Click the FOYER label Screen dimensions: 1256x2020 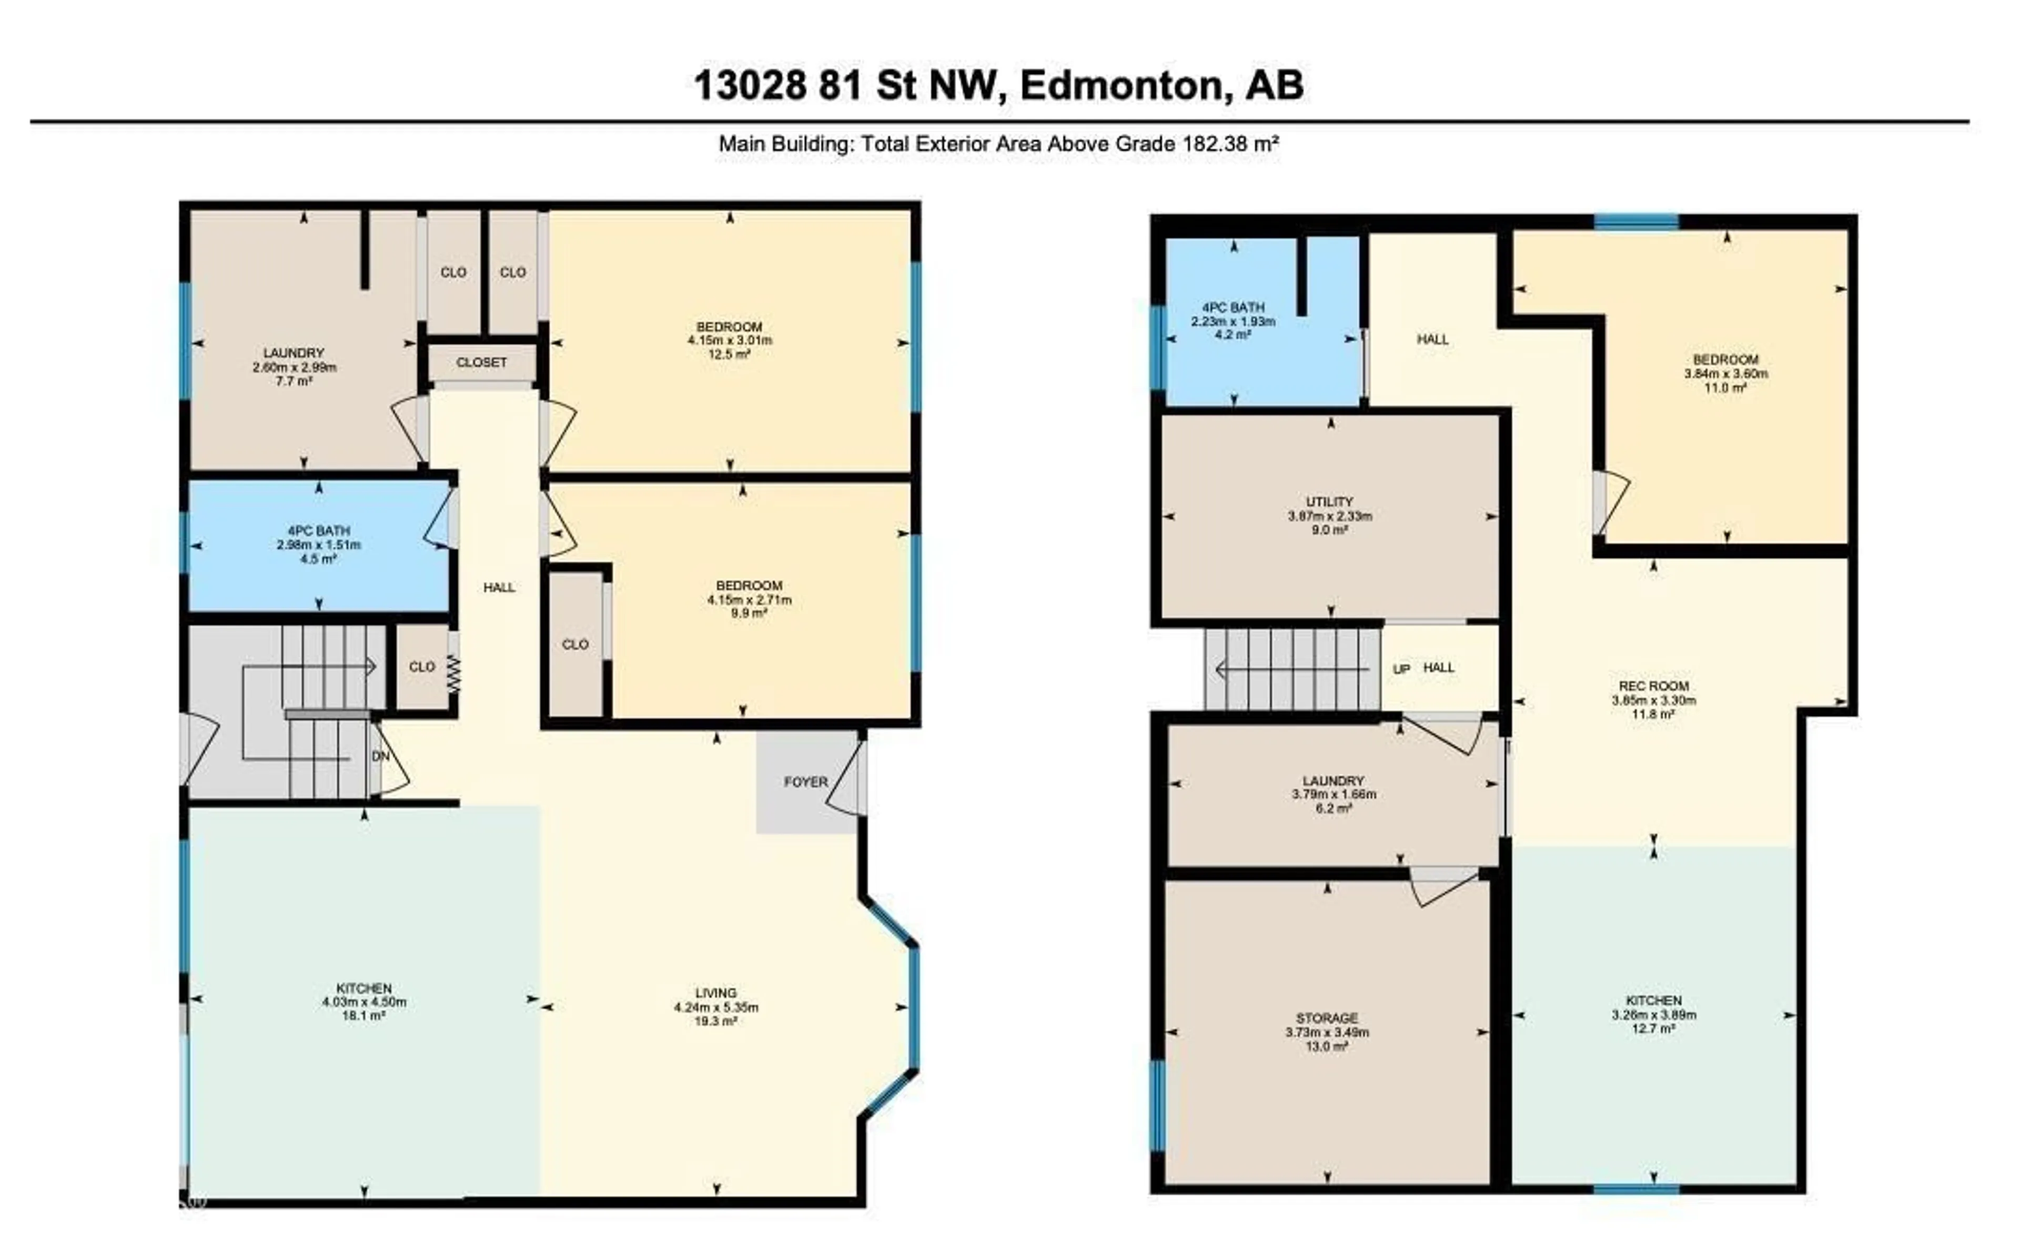[805, 782]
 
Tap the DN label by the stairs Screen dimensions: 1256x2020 [380, 757]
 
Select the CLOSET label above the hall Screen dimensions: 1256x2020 [481, 363]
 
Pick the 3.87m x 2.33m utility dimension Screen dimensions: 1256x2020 [1329, 516]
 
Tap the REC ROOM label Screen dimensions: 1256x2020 [1653, 686]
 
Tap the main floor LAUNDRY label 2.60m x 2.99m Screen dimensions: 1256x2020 [294, 353]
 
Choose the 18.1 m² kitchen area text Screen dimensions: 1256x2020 [364, 1015]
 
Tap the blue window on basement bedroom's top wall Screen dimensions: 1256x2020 [1635, 222]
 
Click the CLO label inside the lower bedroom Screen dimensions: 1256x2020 [574, 645]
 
